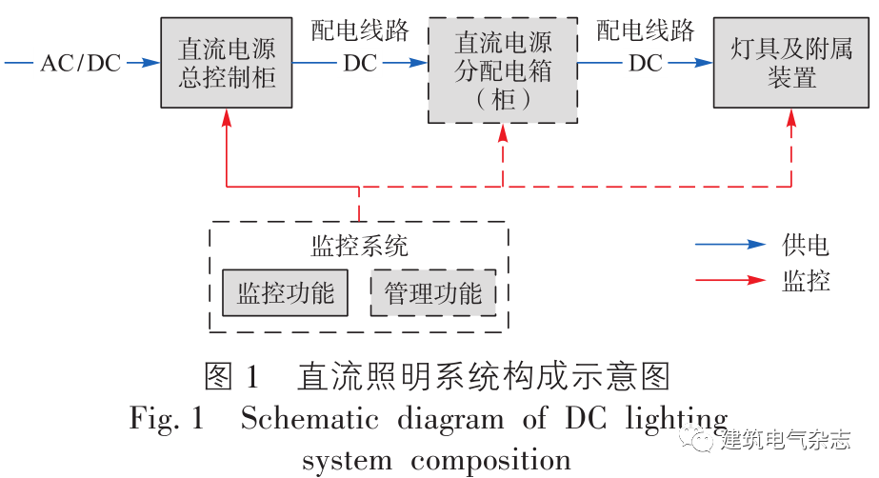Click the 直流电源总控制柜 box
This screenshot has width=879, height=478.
[227, 63]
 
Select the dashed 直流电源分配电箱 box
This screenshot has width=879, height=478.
[503, 70]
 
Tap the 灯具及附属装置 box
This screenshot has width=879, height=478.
[791, 63]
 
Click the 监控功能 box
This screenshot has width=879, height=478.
[286, 293]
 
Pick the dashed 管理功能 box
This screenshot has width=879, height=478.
[433, 293]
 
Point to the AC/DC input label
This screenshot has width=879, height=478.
[80, 64]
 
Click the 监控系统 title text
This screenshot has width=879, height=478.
[359, 247]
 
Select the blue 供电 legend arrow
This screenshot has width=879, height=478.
[729, 246]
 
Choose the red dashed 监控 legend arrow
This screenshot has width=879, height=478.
[729, 281]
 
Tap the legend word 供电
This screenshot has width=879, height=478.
[806, 246]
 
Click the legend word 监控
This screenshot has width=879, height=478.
[806, 281]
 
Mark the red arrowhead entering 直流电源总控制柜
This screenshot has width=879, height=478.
[227, 116]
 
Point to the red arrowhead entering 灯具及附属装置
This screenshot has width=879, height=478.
[791, 116]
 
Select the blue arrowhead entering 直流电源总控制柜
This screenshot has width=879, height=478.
[150, 64]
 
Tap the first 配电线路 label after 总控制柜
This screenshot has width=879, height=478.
[360, 31]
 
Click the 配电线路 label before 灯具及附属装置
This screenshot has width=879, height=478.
[646, 31]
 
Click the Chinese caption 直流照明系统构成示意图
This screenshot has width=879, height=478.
[485, 376]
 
